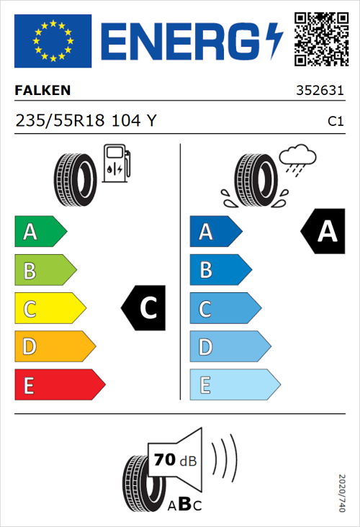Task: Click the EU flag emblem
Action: [x=53, y=40]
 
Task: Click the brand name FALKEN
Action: [x=42, y=91]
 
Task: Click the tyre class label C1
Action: [x=335, y=122]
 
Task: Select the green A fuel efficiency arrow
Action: [x=40, y=232]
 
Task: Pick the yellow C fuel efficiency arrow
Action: [x=49, y=309]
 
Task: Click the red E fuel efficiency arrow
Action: [x=59, y=385]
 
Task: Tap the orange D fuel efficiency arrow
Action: [x=54, y=347]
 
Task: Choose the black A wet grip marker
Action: [x=323, y=232]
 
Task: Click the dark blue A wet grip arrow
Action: [x=215, y=232]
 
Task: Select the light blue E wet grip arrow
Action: [x=234, y=385]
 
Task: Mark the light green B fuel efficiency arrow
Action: [x=45, y=271]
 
